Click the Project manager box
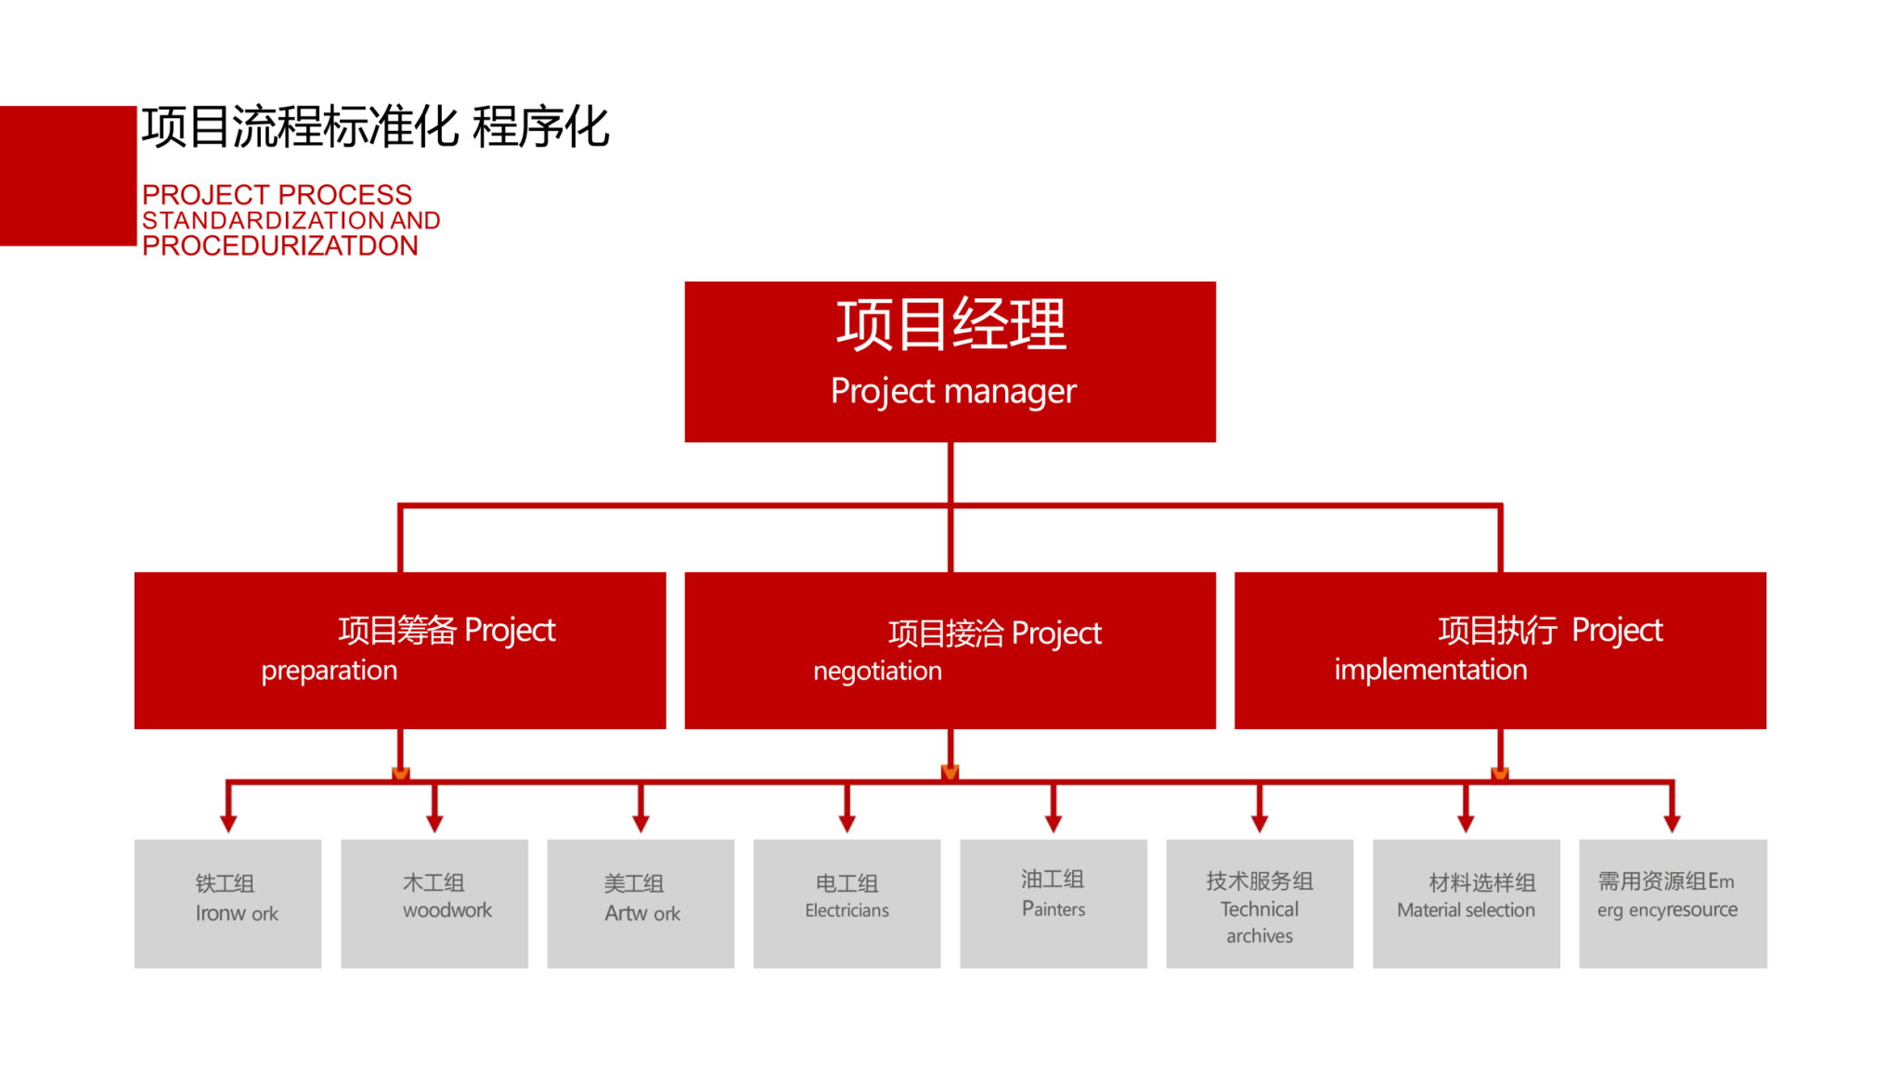(x=950, y=361)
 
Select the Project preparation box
(x=400, y=650)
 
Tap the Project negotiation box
(x=950, y=650)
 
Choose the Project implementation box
(x=1500, y=650)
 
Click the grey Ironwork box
(x=228, y=903)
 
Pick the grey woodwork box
(x=434, y=903)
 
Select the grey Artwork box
(x=640, y=903)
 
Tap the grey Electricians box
(x=847, y=903)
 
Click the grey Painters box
(x=1054, y=903)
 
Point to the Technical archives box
(x=1260, y=903)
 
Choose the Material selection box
(x=1466, y=903)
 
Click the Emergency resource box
(x=1673, y=903)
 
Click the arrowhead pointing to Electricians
(x=847, y=823)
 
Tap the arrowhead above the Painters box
(x=1054, y=823)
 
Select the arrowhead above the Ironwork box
(x=228, y=823)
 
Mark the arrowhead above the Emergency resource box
(x=1673, y=823)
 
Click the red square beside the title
(x=68, y=176)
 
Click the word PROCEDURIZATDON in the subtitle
(x=280, y=246)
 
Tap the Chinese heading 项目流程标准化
(x=299, y=127)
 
